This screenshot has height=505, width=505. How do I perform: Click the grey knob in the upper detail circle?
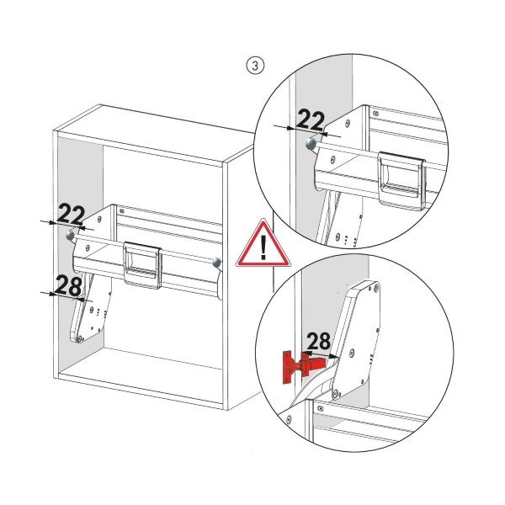[311, 144]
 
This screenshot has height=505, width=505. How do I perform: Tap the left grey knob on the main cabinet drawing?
[70, 236]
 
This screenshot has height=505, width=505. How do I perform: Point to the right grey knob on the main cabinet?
[218, 263]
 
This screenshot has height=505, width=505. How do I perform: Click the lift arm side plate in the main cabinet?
[91, 311]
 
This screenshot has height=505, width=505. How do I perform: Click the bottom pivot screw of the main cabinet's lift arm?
[78, 338]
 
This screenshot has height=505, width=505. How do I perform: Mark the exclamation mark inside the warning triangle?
[263, 247]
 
